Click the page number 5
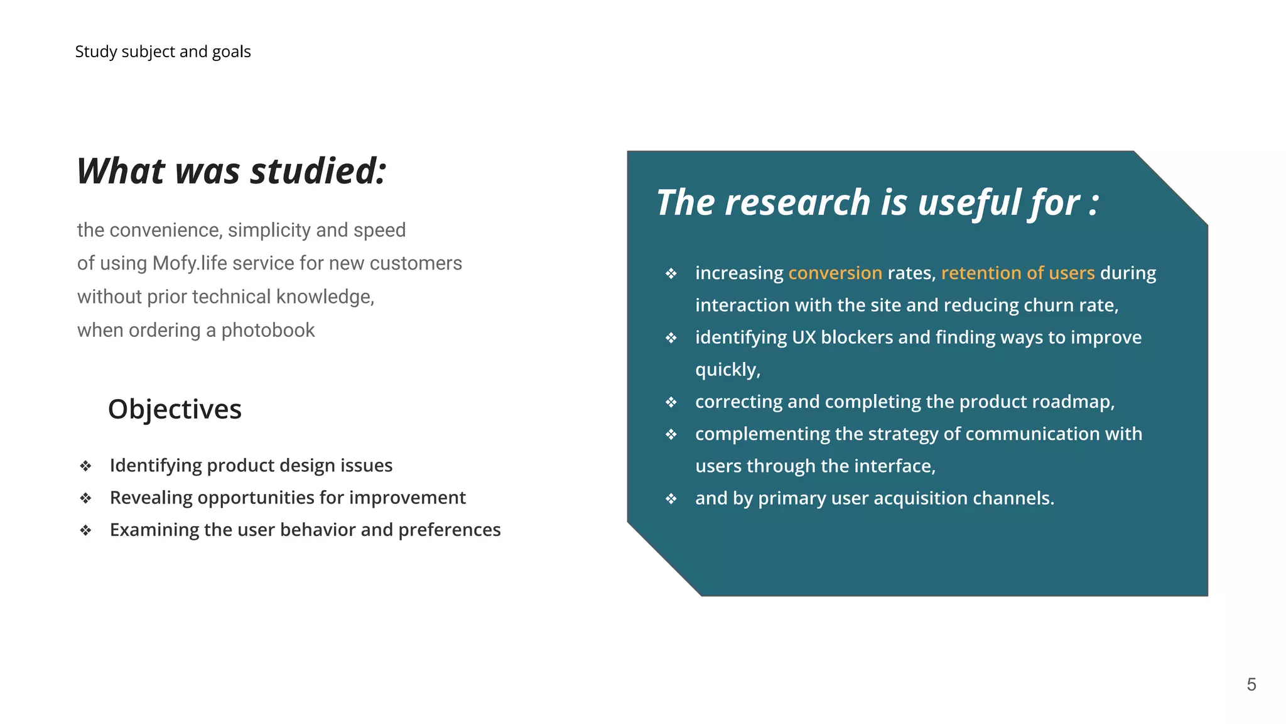point(1251,684)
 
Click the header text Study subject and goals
point(163,52)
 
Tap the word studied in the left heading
point(318,171)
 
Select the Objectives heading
point(175,409)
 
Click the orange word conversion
point(835,273)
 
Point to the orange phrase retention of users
point(1017,273)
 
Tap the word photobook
point(268,330)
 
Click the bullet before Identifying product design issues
point(86,466)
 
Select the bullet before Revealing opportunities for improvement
point(86,498)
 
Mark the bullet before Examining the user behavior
point(86,530)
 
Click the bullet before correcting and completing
point(671,402)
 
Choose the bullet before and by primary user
point(671,499)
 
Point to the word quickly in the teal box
point(727,370)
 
